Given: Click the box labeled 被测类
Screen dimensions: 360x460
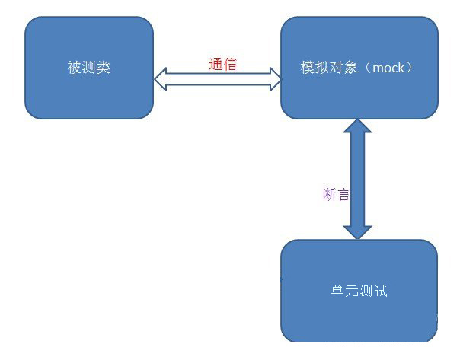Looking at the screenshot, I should (x=89, y=68).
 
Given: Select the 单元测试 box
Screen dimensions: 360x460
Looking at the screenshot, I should (x=359, y=291).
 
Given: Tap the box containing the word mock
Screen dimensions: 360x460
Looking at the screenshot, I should (x=359, y=68).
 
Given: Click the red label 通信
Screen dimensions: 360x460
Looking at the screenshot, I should (x=222, y=65).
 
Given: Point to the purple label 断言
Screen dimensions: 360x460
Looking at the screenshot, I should (x=337, y=194).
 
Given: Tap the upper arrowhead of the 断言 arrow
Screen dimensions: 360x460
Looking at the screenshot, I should (x=357, y=128).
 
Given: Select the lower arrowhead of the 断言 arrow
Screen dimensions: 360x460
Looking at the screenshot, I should (x=357, y=230).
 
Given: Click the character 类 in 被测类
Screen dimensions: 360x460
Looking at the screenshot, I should (x=104, y=68).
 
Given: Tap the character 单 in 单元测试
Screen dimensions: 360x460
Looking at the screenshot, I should (x=338, y=292).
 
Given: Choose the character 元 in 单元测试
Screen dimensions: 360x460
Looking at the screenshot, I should (x=352, y=292).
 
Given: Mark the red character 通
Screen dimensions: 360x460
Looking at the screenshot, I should (x=216, y=65).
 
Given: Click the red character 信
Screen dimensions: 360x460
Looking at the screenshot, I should (x=230, y=65).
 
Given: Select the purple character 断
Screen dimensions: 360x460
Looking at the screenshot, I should (x=330, y=194).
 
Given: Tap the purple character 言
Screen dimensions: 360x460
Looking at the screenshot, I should (x=343, y=194).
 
